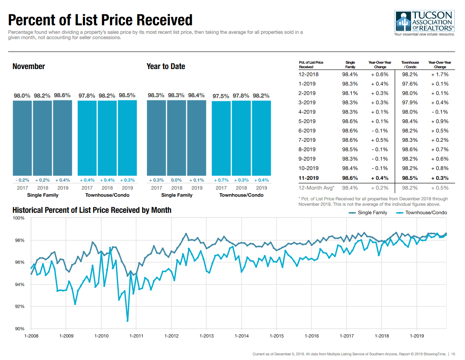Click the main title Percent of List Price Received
[100, 20]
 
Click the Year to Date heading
[166, 67]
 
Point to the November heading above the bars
[29, 67]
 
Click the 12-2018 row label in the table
[309, 74]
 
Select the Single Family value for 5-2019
[350, 121]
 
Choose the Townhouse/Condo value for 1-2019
[410, 84]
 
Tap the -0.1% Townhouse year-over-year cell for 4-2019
[440, 112]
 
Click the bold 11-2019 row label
[309, 178]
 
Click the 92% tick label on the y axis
[19, 306]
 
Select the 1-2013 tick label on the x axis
[207, 336]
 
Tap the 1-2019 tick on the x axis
[416, 336]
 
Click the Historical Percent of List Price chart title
[92, 210]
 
